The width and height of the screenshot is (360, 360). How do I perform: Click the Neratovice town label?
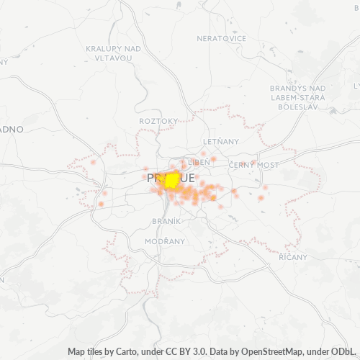(x=222, y=38)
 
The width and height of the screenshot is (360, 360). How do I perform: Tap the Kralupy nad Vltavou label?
(x=113, y=53)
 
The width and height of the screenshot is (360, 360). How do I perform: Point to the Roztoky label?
(x=158, y=121)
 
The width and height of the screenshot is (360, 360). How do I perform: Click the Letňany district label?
(x=220, y=142)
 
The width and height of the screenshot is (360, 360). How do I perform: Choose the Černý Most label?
(x=253, y=165)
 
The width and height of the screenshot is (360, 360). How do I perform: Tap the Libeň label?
(x=198, y=163)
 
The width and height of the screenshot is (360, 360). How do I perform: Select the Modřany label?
(x=164, y=240)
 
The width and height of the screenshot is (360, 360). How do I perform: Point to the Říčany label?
(x=293, y=257)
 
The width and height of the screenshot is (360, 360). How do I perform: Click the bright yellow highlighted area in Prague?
(x=172, y=180)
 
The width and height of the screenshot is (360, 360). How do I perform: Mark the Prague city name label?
(x=170, y=177)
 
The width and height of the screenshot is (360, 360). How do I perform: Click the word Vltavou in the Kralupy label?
(x=113, y=58)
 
